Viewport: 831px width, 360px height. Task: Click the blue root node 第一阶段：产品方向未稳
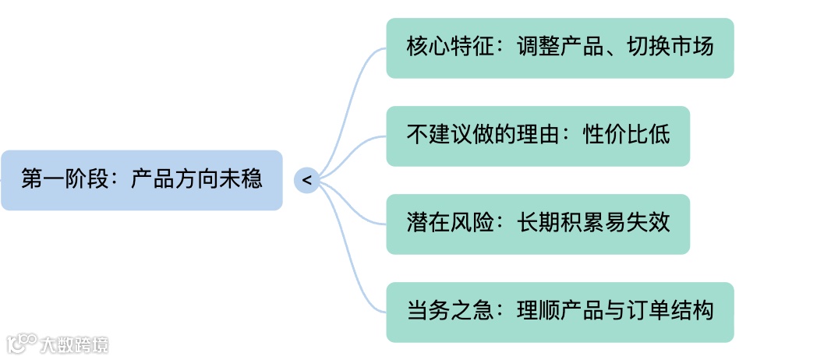tap(141, 180)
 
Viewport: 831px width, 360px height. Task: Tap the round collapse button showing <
tap(306, 180)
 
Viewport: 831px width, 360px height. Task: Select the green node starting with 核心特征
tap(560, 48)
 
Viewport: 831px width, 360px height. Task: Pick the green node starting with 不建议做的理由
tap(538, 136)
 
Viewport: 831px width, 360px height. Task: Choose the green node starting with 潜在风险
tap(538, 224)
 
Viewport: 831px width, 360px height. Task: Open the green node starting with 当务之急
tap(560, 312)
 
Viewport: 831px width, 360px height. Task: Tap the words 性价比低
tap(627, 136)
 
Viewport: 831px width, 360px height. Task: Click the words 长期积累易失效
tap(593, 224)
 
